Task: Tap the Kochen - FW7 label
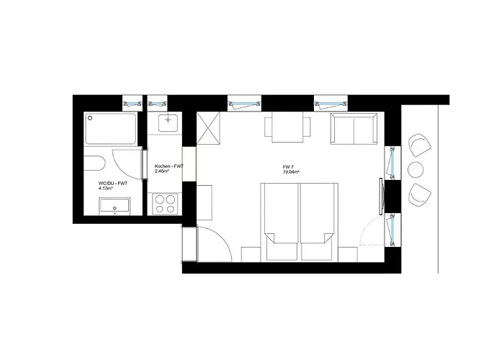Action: (169, 166)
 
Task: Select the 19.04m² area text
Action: (291, 172)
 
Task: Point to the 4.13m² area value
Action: (105, 188)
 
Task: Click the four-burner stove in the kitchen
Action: (165, 204)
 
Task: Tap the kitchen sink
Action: (168, 122)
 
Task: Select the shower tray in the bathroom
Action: (111, 129)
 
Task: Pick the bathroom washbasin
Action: (114, 206)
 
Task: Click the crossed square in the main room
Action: (208, 128)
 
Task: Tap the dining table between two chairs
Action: (287, 127)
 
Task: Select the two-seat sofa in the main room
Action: (354, 128)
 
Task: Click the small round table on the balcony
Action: (415, 169)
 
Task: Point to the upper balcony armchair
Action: (419, 145)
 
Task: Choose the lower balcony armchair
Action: (420, 195)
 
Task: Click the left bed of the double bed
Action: (281, 222)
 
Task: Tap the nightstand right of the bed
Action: (348, 254)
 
